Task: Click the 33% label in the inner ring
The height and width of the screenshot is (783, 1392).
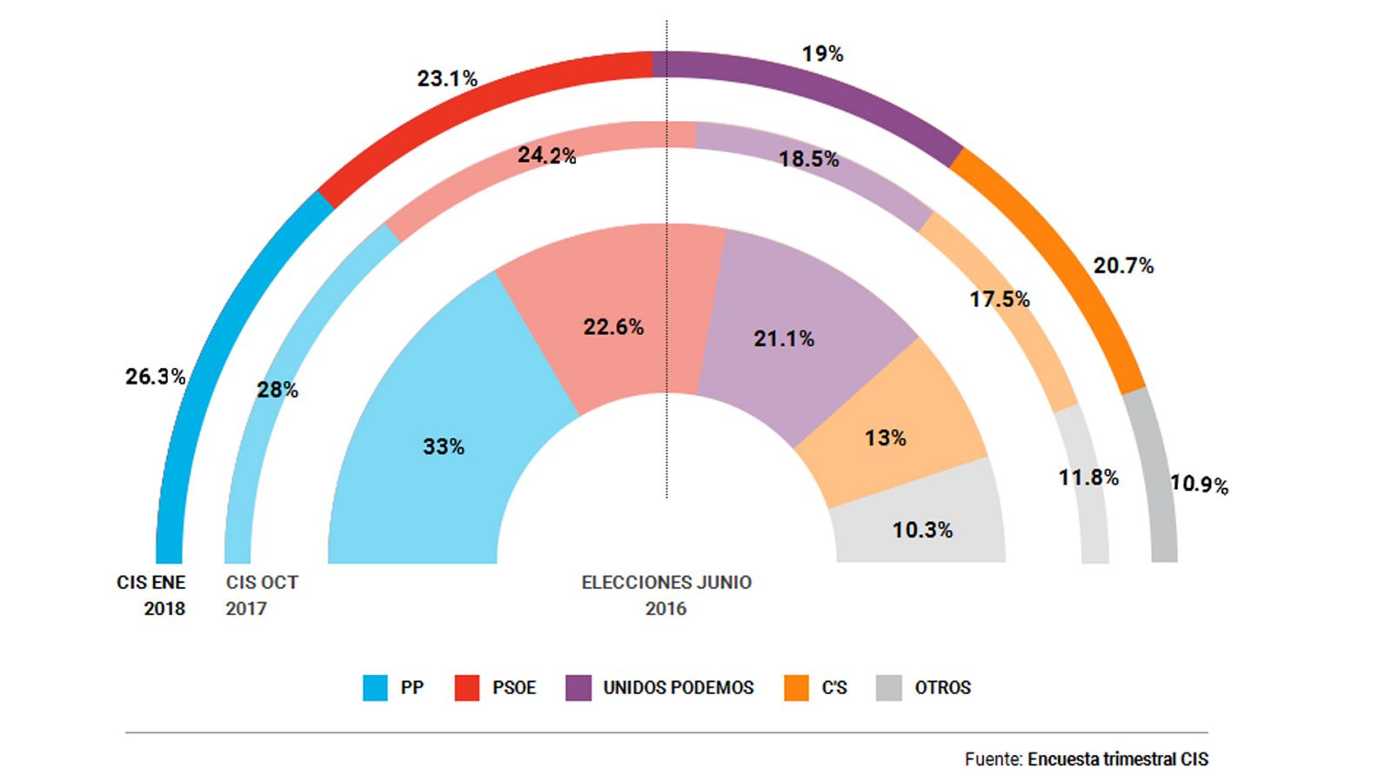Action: (443, 446)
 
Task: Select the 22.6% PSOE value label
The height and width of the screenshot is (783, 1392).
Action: (613, 327)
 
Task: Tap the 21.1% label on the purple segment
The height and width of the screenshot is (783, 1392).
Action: (784, 338)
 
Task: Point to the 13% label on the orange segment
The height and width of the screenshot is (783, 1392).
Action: (885, 438)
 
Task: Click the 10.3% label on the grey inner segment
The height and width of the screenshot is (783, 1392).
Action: (922, 530)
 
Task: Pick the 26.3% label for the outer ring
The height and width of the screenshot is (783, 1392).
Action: (155, 377)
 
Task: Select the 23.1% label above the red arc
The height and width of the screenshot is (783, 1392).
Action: (447, 79)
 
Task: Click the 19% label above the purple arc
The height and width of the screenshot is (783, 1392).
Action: (822, 54)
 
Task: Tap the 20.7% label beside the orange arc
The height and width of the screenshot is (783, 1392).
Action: (1123, 266)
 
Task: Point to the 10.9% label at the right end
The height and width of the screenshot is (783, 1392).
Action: (1198, 485)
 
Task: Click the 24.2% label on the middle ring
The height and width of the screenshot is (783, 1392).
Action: (546, 156)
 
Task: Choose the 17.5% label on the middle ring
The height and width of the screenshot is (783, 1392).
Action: (1000, 300)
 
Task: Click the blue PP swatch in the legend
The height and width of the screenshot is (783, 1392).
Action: (375, 687)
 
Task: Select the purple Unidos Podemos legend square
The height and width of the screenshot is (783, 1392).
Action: (579, 687)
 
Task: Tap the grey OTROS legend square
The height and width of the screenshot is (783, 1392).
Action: (889, 687)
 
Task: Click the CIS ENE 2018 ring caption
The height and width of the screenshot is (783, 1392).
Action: (152, 595)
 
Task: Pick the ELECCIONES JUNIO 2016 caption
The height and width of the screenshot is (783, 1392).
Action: (666, 595)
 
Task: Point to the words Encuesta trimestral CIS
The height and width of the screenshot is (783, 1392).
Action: (1117, 760)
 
